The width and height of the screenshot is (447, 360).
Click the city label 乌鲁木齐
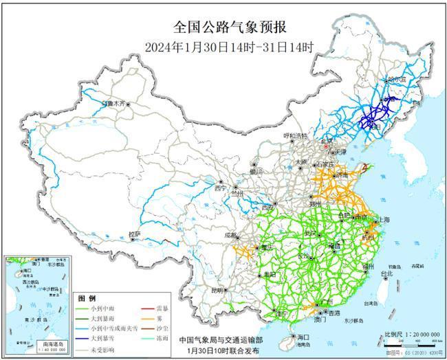point(114,103)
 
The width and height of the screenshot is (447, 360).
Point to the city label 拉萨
point(135,234)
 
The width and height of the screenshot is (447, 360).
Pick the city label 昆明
point(218,291)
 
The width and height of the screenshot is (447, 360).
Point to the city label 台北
point(386,273)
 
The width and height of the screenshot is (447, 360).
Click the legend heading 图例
point(87,298)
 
